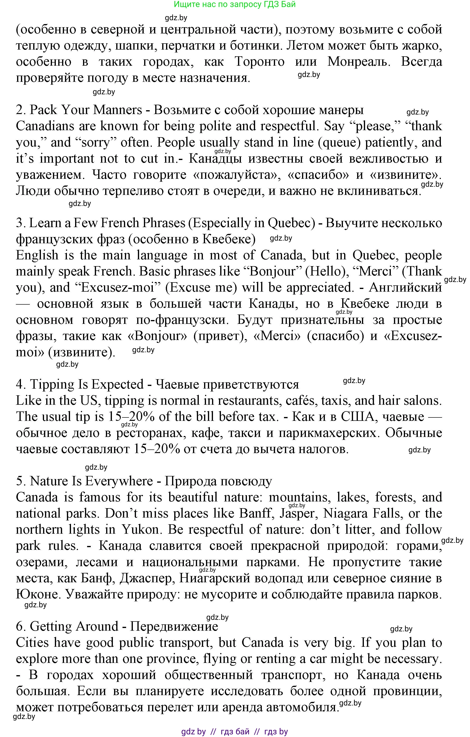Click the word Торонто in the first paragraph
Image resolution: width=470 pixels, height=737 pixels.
[259, 62]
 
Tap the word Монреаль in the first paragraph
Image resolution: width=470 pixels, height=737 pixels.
[359, 62]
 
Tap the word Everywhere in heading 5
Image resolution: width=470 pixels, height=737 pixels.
[119, 481]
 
